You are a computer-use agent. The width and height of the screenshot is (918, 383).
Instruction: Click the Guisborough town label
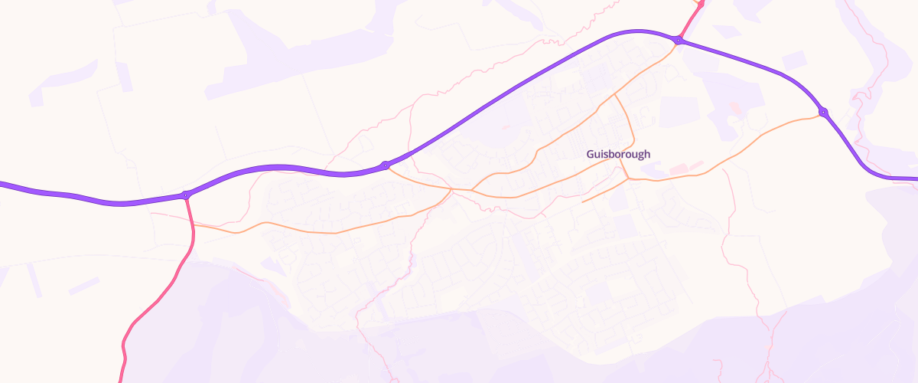618,154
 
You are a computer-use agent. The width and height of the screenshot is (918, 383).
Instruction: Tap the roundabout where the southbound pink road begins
186,195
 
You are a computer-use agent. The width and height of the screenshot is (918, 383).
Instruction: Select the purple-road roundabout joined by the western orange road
386,165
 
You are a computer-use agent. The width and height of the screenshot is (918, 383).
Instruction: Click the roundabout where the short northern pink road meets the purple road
678,40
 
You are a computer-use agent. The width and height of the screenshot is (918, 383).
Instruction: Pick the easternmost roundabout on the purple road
823,112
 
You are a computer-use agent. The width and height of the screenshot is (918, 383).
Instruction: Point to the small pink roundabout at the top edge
699,3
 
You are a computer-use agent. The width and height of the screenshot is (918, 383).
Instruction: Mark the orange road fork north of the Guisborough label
615,95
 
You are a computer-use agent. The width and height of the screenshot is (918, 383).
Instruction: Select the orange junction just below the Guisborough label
628,179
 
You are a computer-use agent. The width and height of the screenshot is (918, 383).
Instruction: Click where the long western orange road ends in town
451,188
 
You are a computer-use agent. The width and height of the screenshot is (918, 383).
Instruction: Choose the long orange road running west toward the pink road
306,229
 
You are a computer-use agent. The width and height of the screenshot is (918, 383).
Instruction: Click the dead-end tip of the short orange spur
583,202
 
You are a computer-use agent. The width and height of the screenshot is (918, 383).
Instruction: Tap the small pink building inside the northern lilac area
735,108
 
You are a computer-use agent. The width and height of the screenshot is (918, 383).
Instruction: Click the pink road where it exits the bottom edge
120,378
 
